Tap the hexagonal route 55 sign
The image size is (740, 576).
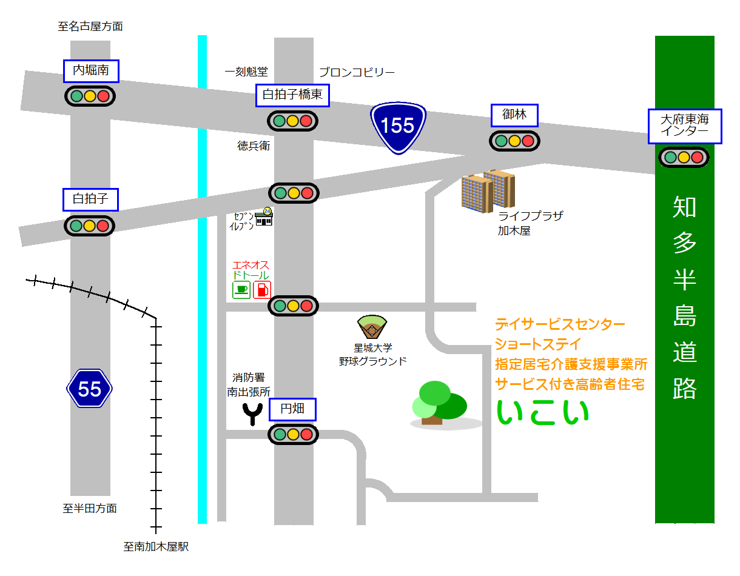(89, 388)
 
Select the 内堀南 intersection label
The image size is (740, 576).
(91, 71)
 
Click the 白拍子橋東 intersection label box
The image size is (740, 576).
(292, 95)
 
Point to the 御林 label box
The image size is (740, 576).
(514, 115)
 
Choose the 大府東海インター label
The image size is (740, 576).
(684, 126)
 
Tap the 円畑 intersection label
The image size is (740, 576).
(292, 409)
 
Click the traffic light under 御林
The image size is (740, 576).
(514, 141)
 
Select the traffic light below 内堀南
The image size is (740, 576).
(90, 96)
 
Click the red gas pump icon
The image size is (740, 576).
(262, 290)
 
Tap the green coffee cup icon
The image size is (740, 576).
(241, 290)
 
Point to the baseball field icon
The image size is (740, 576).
(372, 326)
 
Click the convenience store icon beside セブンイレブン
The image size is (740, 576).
(264, 217)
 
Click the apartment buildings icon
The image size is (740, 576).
(488, 190)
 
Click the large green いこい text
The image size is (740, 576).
(542, 412)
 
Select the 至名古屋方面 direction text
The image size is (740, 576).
(90, 26)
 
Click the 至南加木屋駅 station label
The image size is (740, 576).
(156, 546)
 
